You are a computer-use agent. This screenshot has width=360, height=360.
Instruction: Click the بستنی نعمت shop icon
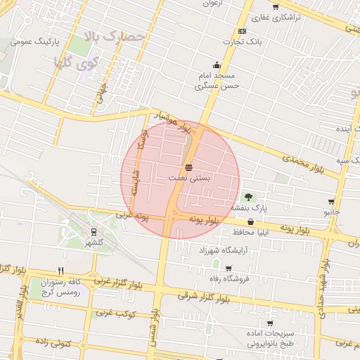point(188,167)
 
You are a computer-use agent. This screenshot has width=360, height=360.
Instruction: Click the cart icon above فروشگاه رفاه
point(228,268)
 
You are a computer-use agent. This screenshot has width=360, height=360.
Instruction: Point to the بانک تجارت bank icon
point(243,32)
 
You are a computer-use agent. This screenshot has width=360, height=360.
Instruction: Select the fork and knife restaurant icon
point(61,270)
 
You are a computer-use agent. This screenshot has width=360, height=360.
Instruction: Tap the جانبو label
point(330,211)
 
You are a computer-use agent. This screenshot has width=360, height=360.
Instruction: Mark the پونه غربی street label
point(134,216)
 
